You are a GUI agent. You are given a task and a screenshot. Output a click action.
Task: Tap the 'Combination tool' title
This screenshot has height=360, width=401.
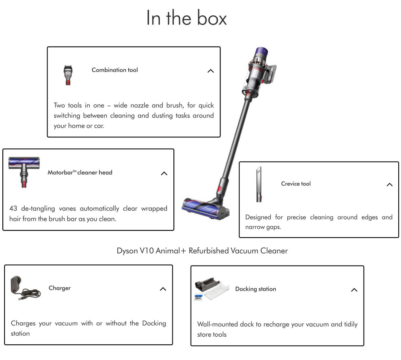(115, 70)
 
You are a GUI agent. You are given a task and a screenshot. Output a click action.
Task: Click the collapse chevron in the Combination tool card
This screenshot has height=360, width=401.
(211, 71)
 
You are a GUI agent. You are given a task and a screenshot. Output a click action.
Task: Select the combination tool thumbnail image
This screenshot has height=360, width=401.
(68, 75)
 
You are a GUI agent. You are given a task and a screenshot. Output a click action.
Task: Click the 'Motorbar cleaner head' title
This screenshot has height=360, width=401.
(80, 172)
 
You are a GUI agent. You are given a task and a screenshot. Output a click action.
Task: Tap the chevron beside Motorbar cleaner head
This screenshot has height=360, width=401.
(164, 173)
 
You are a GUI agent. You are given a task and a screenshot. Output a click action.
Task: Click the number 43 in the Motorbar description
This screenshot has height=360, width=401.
(13, 208)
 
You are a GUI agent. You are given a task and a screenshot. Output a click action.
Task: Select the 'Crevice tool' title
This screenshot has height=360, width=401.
(296, 184)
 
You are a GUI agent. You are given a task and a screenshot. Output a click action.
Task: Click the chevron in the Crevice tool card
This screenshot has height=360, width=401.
(389, 185)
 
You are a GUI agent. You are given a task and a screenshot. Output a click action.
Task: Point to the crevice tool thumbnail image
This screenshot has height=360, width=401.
(259, 184)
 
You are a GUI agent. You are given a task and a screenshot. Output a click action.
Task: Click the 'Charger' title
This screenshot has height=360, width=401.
(59, 288)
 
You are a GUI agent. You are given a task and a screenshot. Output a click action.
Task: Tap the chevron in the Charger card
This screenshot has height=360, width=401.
(163, 289)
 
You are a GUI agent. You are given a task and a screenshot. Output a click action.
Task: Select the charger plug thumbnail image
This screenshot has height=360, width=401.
(25, 288)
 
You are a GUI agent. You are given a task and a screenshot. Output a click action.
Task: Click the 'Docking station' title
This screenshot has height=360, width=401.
(256, 289)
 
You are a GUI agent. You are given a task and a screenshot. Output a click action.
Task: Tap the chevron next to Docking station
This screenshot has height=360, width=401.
(354, 290)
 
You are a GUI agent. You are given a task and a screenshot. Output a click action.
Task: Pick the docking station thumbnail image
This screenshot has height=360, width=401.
(212, 289)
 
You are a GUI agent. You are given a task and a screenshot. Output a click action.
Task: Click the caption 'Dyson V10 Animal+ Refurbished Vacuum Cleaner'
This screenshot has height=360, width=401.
(202, 251)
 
